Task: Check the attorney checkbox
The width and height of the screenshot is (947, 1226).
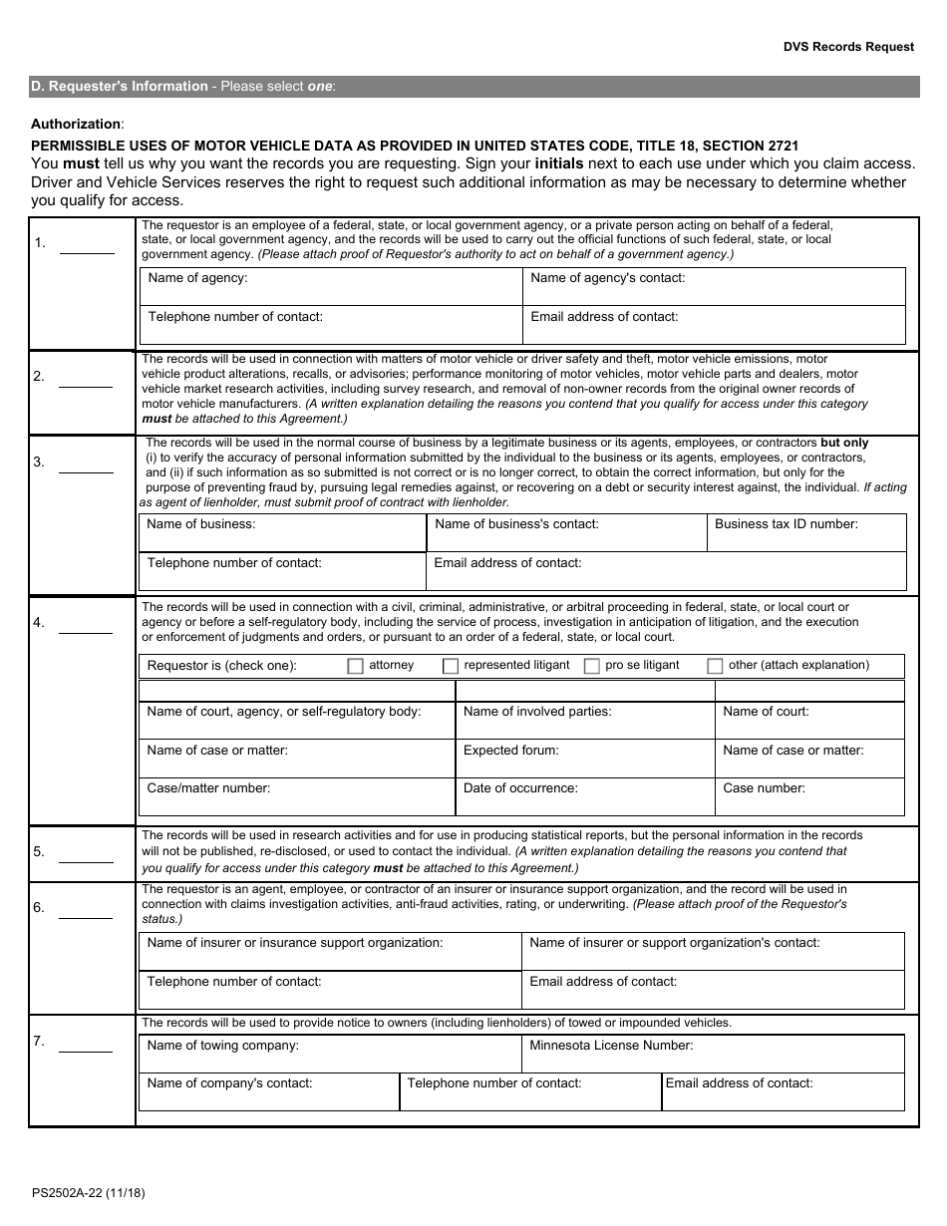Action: [355, 666]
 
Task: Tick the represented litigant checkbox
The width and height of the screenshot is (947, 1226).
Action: [451, 666]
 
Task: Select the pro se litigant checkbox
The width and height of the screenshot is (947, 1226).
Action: [591, 666]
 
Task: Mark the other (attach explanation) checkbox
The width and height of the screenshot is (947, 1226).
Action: [715, 666]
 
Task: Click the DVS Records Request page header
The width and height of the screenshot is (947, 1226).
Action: [848, 47]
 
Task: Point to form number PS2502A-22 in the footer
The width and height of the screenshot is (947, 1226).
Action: [88, 1192]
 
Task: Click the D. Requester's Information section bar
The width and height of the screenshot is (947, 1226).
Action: [473, 87]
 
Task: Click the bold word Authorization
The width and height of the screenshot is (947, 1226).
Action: [77, 124]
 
